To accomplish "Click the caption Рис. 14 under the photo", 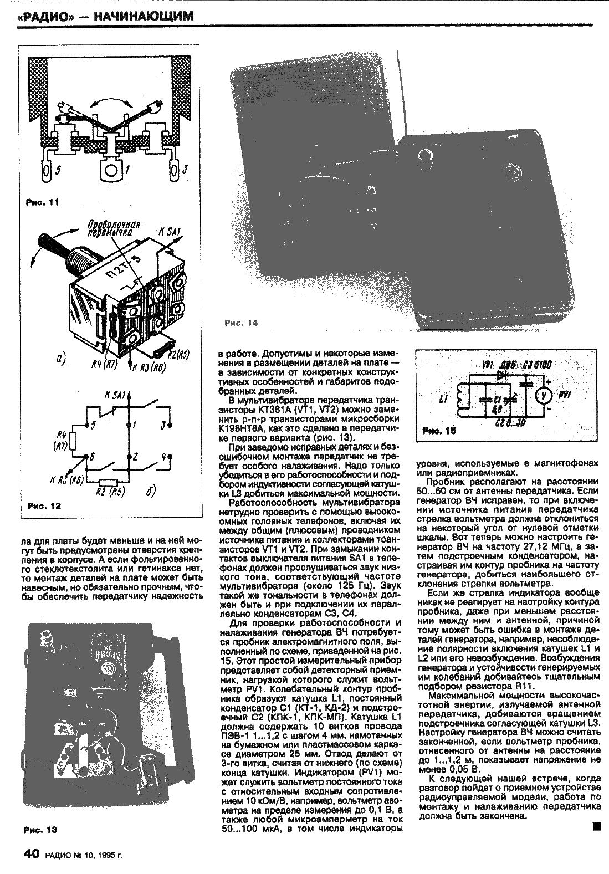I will [242, 323].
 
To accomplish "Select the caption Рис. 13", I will [40, 830].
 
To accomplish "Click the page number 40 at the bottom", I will [30, 854].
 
